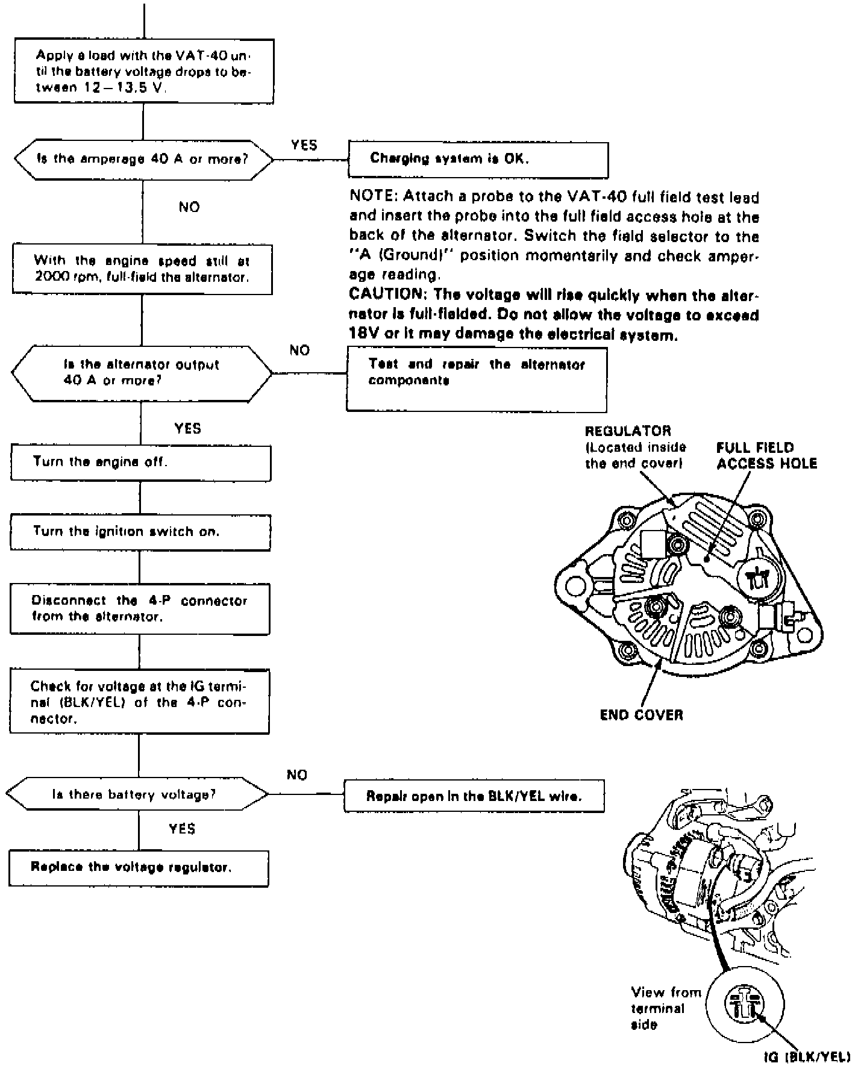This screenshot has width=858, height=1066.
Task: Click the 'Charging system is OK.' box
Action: pyautogui.click(x=478, y=159)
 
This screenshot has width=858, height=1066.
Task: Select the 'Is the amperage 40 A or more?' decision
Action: pyautogui.click(x=142, y=160)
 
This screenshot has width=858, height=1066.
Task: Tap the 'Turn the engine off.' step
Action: pyautogui.click(x=140, y=463)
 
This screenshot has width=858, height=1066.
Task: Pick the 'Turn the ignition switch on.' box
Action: pyautogui.click(x=140, y=532)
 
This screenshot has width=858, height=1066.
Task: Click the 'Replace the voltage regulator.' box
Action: pyautogui.click(x=139, y=868)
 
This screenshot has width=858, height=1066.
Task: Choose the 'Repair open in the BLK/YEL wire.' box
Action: pyautogui.click(x=474, y=796)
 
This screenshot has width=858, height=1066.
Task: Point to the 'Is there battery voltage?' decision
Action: pyautogui.click(x=137, y=795)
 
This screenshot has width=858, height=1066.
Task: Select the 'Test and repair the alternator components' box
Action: pyautogui.click(x=476, y=379)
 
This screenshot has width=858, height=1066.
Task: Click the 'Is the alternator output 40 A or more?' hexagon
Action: pyautogui.click(x=142, y=373)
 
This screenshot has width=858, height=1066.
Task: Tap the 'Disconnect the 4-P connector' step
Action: pyautogui.click(x=140, y=609)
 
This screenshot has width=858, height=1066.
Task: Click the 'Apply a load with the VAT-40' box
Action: pyautogui.click(x=143, y=71)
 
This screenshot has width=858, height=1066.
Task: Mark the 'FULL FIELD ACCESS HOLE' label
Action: pyautogui.click(x=766, y=456)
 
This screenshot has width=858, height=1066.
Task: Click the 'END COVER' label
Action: pyautogui.click(x=641, y=715)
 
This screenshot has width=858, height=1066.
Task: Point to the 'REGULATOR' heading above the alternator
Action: pyautogui.click(x=628, y=431)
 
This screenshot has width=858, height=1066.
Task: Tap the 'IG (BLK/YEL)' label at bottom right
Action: pyautogui.click(x=807, y=1055)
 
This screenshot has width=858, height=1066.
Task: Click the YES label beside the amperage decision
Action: pyautogui.click(x=304, y=145)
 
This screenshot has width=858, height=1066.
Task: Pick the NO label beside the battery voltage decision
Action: pyautogui.click(x=297, y=775)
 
